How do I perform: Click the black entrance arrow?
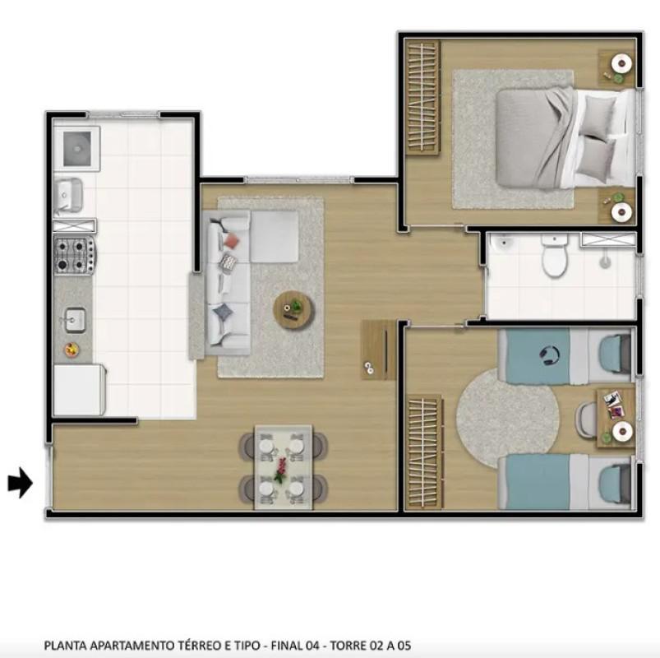click(x=20, y=483)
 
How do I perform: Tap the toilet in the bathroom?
click(x=555, y=256)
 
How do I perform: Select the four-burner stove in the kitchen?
click(x=75, y=254)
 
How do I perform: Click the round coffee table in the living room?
click(x=293, y=309)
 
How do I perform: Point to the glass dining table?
click(x=283, y=467)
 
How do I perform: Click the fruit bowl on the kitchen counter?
click(x=73, y=349)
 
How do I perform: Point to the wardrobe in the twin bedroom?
click(x=424, y=452)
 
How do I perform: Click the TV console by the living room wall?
click(x=378, y=350)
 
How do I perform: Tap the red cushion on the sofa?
click(x=232, y=240)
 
